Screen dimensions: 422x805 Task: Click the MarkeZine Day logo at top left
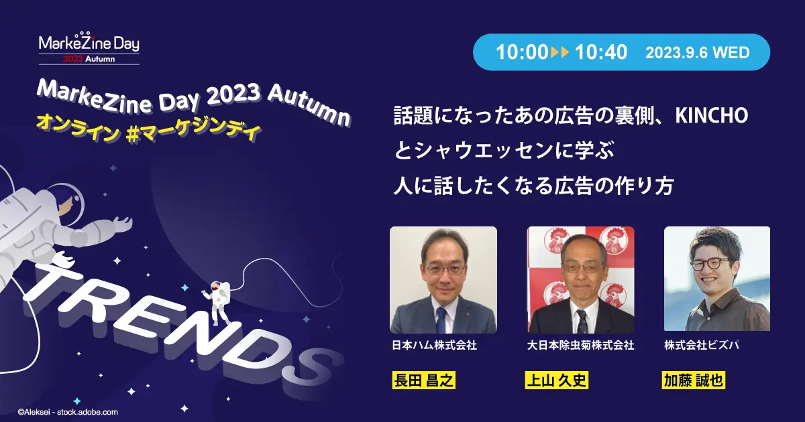(89, 48)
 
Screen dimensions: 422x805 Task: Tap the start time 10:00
(521, 52)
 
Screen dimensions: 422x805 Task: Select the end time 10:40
(600, 52)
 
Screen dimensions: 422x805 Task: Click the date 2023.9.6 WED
(697, 52)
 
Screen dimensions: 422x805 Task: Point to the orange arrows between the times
(560, 52)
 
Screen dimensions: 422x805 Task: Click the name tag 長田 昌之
(423, 381)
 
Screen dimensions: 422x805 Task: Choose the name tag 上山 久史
(557, 381)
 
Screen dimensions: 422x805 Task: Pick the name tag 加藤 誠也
(693, 381)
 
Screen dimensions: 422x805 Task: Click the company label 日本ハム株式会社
(434, 346)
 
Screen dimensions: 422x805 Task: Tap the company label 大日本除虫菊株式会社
(581, 346)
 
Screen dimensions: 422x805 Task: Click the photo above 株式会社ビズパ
(717, 279)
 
